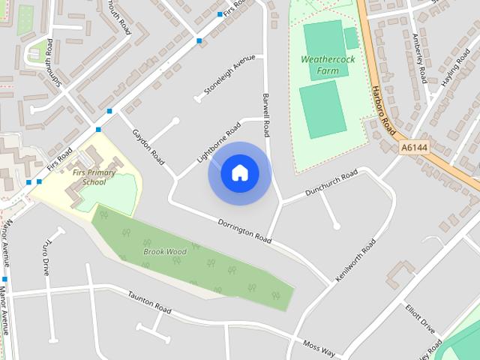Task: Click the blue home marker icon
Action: point(240,173)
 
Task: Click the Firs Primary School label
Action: point(95,177)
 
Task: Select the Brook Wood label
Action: point(165,252)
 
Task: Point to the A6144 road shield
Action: point(414,148)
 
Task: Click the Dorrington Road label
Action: point(244,231)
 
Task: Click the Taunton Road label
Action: point(149,302)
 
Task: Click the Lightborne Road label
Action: point(217,140)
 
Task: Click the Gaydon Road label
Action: point(148,146)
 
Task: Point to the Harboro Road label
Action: point(382,111)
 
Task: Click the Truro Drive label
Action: point(46,257)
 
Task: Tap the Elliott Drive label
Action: point(420,318)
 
